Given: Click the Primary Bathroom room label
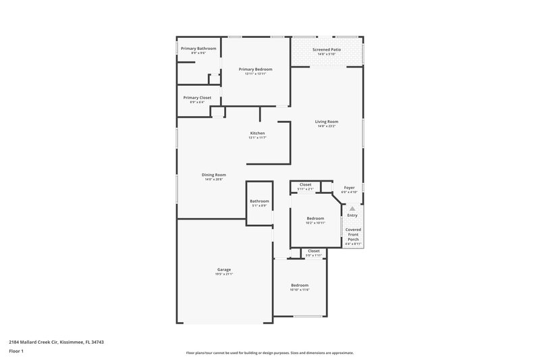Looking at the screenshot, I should tap(198, 49).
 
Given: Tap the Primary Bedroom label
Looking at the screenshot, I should tap(255, 70).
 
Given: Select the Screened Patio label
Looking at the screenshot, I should tap(326, 49).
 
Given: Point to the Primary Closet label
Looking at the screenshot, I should tap(197, 98).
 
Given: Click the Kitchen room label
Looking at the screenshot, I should tap(257, 133).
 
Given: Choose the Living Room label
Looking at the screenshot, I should tap(326, 122).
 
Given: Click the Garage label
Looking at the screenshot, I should tap(224, 269).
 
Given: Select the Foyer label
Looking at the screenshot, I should tap(349, 188).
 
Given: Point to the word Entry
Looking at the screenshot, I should tap(352, 215).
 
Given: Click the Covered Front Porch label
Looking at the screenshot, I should tap(353, 234).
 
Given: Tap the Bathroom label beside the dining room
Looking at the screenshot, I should tap(259, 201).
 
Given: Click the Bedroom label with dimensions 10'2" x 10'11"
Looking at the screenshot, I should tap(315, 218).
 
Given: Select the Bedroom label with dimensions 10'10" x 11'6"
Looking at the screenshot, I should tap(299, 285).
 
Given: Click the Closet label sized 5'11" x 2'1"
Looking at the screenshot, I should tap(305, 184).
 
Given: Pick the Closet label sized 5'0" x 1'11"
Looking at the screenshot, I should tap(314, 251).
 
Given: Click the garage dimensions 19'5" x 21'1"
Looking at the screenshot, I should tap(224, 274).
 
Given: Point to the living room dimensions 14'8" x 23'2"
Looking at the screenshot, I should tap(326, 126).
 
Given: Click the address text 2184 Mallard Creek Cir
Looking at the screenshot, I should tap(37, 342).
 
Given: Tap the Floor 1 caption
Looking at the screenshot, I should tap(16, 352).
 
